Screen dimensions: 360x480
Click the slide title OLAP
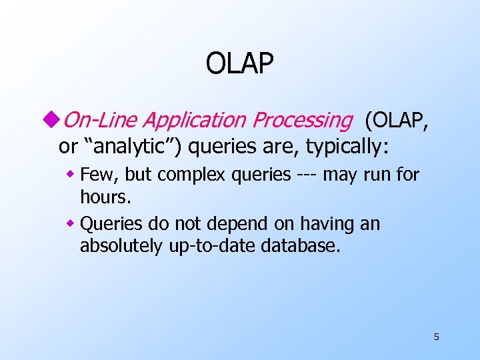click(x=239, y=64)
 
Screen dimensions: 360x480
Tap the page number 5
click(x=436, y=337)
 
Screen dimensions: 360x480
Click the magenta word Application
click(x=194, y=120)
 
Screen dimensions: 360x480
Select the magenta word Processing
click(x=301, y=120)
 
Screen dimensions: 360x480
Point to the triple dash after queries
click(x=307, y=175)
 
